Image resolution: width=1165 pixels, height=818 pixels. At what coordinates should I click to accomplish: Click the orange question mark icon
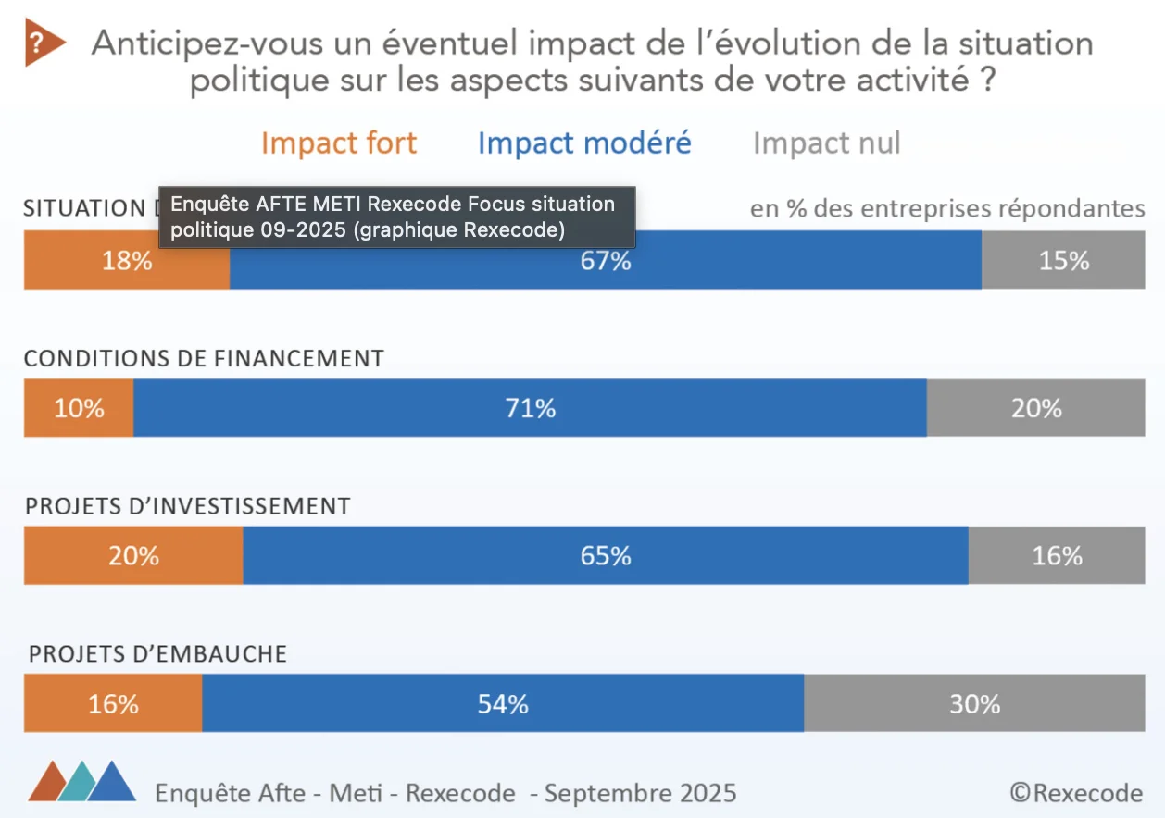click(x=43, y=43)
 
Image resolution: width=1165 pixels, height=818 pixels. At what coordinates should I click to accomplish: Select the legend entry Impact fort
click(x=339, y=143)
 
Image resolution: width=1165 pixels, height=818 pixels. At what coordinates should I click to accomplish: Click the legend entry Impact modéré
click(x=584, y=143)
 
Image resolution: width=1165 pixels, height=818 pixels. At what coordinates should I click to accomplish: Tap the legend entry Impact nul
click(x=826, y=143)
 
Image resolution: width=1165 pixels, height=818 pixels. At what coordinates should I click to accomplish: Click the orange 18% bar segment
click(x=127, y=261)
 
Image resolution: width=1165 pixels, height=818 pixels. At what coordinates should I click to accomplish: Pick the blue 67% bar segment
click(x=606, y=261)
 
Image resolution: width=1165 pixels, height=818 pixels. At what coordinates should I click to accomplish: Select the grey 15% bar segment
click(x=1063, y=261)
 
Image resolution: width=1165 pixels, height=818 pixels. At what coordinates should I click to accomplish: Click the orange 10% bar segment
click(x=79, y=408)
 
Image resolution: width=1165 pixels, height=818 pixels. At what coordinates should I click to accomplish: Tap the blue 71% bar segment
click(x=530, y=408)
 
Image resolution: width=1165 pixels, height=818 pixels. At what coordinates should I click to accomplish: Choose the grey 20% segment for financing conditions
click(x=1035, y=408)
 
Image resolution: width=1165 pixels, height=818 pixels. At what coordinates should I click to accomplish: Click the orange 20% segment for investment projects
click(x=133, y=555)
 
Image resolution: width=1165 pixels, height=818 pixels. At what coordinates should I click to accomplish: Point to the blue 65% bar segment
click(x=606, y=555)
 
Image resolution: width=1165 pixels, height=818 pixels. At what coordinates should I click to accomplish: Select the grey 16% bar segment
click(x=1057, y=555)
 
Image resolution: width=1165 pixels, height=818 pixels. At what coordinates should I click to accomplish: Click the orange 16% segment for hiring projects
click(x=113, y=704)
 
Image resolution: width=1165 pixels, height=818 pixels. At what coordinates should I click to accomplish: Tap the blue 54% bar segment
click(x=503, y=704)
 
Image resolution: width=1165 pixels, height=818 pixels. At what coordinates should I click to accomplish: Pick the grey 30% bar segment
click(x=974, y=704)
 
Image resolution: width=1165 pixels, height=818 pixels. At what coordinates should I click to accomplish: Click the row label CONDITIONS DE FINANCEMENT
click(x=204, y=359)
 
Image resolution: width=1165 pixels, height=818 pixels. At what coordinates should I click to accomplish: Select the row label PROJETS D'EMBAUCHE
click(x=157, y=654)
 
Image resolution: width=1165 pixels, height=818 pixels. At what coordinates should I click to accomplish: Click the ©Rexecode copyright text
click(x=1076, y=793)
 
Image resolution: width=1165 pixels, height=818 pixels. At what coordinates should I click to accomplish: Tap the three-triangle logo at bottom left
click(x=82, y=782)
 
